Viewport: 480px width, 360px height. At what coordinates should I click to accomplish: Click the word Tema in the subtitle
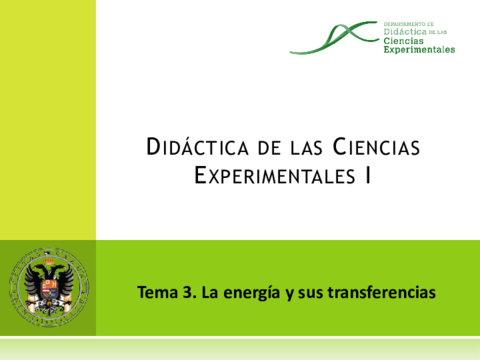[156, 294]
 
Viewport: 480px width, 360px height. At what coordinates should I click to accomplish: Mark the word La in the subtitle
[208, 294]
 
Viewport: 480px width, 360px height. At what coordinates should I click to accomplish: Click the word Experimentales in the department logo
[419, 49]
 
